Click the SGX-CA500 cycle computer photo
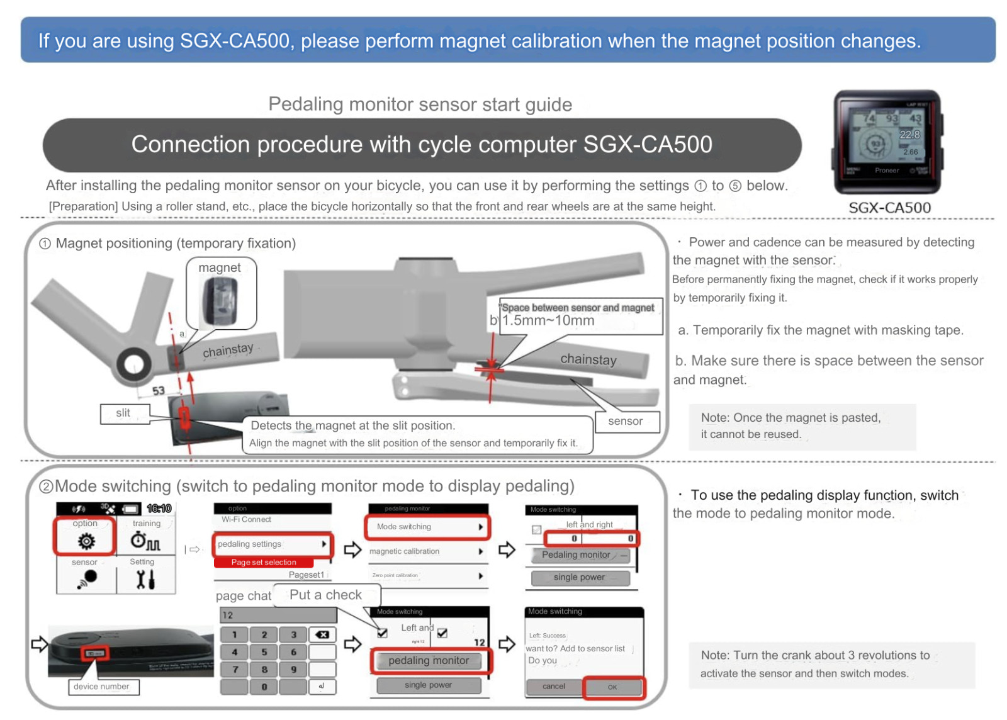[x=887, y=142]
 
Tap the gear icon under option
[x=86, y=541]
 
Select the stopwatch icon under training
[x=145, y=541]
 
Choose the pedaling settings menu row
[x=272, y=544]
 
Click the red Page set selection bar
[x=264, y=563]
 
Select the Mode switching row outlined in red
[x=427, y=527]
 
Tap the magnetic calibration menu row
[x=427, y=551]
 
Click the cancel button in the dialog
[x=554, y=687]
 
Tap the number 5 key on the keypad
[x=264, y=653]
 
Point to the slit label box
[x=123, y=413]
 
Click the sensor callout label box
[x=626, y=422]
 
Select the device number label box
[x=102, y=687]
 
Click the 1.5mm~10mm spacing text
[x=548, y=320]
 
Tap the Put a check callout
[x=326, y=595]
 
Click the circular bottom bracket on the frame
[x=133, y=364]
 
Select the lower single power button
[x=428, y=685]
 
